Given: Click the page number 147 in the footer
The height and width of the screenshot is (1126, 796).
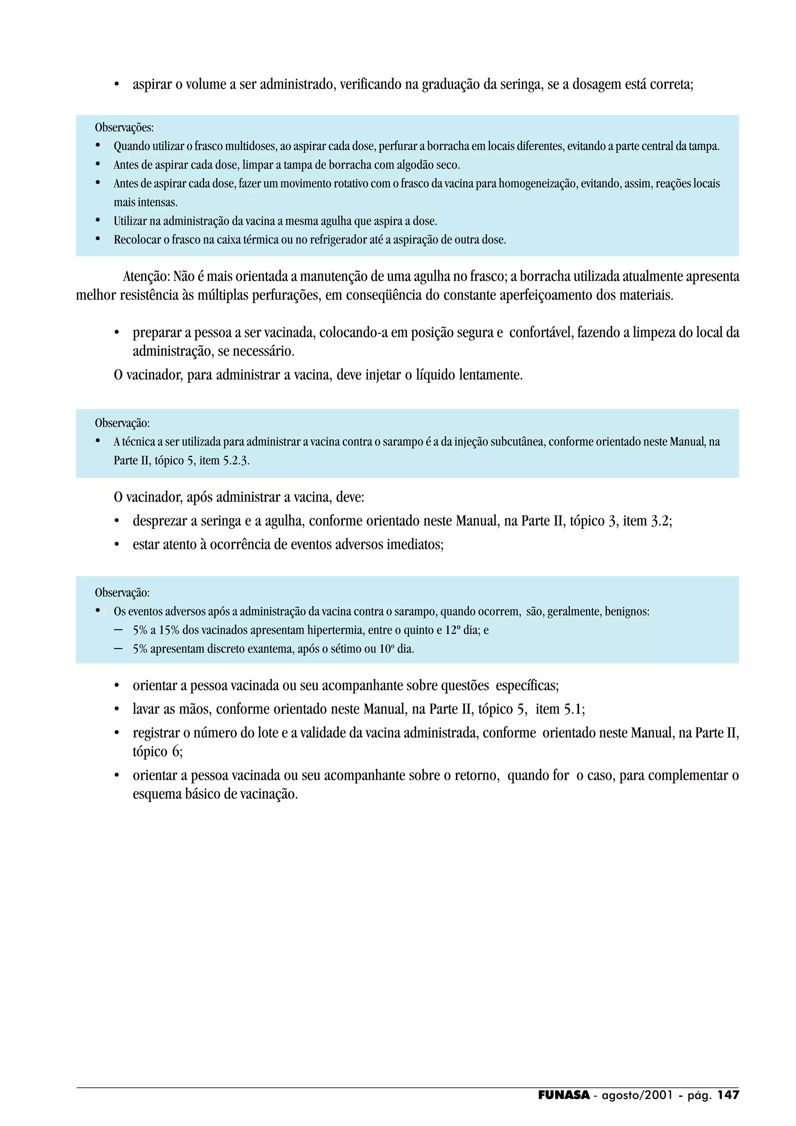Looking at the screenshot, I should click(x=728, y=1095).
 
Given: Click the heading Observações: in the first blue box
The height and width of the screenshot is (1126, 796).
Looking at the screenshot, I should click(x=124, y=127).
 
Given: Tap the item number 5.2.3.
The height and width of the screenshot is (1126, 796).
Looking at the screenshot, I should click(x=236, y=460).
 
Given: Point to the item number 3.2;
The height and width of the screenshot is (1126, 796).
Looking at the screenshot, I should click(x=661, y=521).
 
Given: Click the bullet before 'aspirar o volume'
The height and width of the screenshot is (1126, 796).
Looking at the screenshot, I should click(x=117, y=85).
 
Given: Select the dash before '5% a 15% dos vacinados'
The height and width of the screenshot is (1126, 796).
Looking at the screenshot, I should click(x=118, y=630).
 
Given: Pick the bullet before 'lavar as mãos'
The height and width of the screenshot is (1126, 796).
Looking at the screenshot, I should click(x=117, y=709).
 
